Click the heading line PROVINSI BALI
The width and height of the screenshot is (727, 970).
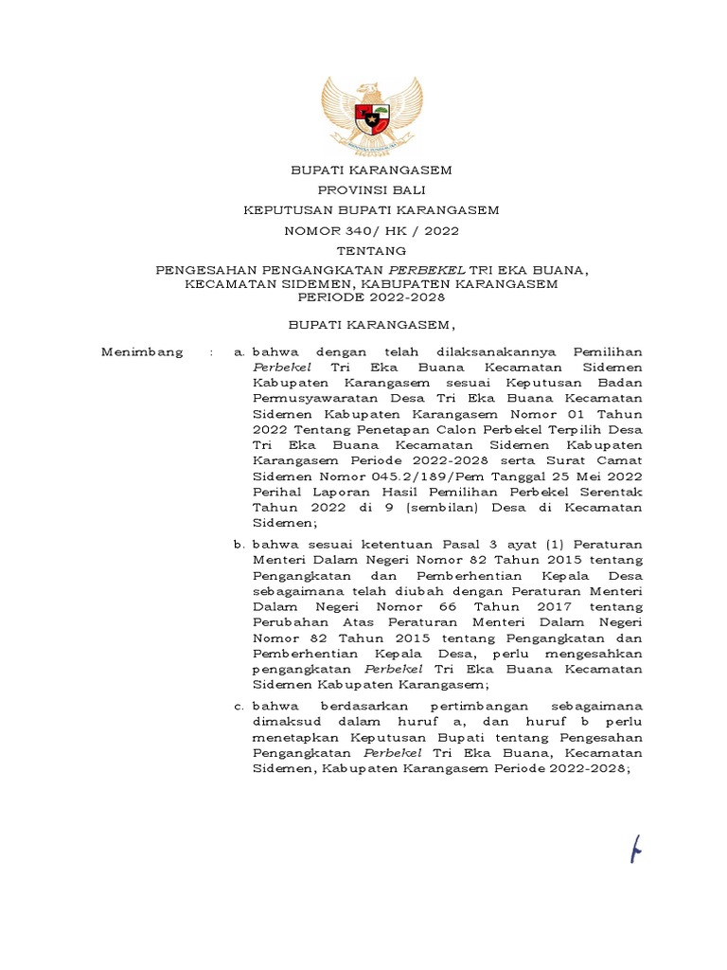371,189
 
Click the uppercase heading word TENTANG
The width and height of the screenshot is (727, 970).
371,251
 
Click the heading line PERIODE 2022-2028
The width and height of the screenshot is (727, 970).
371,296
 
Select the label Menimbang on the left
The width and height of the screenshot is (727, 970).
142,352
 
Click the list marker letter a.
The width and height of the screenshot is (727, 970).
238,352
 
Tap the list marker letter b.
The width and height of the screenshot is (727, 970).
238,546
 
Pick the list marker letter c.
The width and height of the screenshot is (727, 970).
238,706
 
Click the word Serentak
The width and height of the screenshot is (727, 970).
612,493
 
